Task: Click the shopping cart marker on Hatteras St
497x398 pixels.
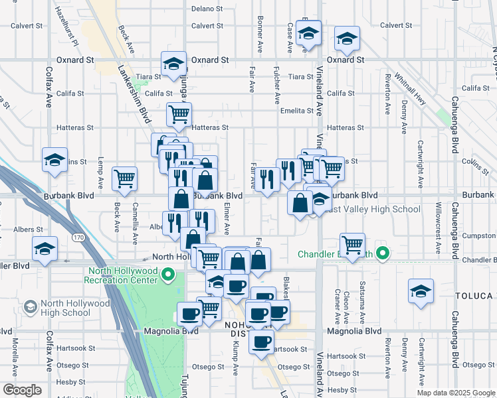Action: (179, 114)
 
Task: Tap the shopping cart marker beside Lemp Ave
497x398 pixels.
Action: (124, 178)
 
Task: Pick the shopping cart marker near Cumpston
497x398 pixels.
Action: (352, 244)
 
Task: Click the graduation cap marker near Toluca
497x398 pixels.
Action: (421, 291)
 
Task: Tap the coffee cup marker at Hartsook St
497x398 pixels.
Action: (261, 342)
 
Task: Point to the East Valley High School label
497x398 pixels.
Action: (374, 210)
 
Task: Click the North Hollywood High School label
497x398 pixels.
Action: (74, 308)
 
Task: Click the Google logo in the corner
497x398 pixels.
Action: (22, 390)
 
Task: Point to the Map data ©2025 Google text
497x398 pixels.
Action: (455, 393)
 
